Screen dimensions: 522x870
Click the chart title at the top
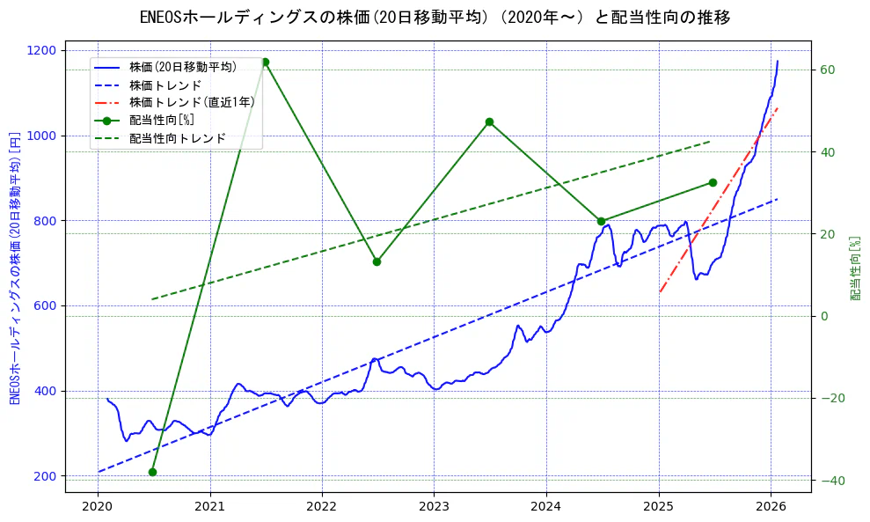coord(435,18)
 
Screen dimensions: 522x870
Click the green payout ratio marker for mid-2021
coord(265,62)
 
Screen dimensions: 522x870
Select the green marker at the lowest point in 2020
coord(152,472)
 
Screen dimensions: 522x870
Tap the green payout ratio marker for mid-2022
coord(377,261)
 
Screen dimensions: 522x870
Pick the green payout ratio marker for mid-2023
coord(489,121)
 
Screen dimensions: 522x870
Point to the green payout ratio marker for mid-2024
coord(601,221)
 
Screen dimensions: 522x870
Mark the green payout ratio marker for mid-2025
coord(713,182)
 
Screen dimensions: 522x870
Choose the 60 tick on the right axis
coord(828,70)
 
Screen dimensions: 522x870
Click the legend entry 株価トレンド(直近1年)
coord(192,102)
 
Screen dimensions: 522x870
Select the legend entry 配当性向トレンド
coord(178,138)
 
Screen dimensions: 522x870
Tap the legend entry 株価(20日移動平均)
coord(183,66)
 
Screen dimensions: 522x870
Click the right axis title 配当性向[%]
coord(854,268)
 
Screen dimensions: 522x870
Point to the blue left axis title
coord(15,268)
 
